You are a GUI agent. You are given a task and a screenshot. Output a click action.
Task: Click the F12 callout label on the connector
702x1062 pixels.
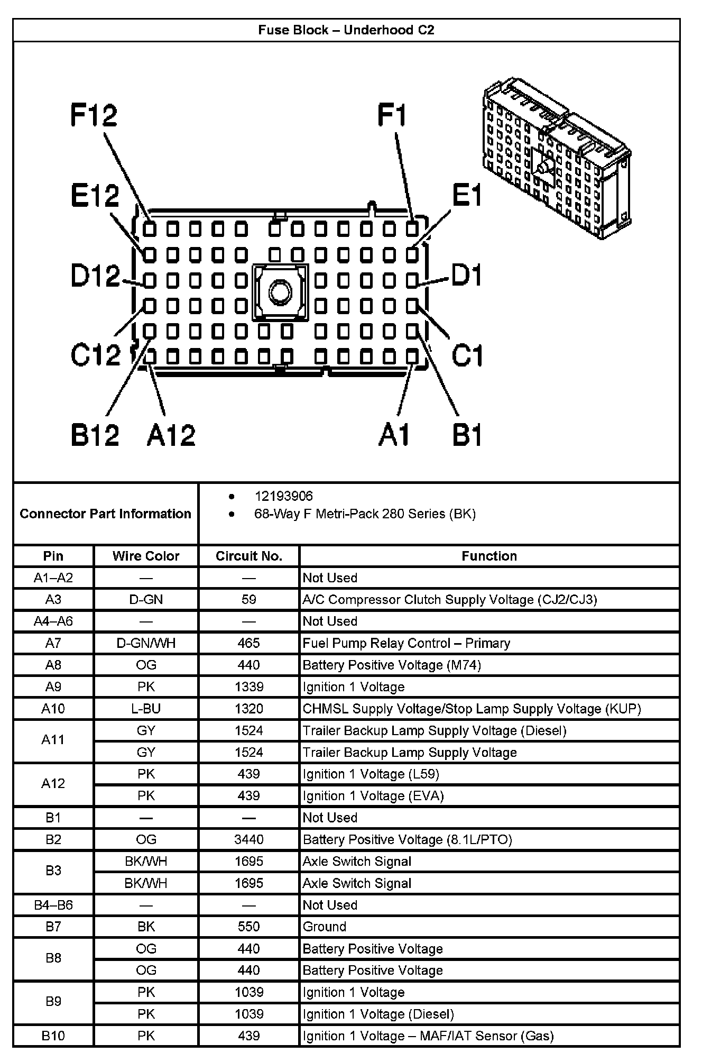pyautogui.click(x=94, y=115)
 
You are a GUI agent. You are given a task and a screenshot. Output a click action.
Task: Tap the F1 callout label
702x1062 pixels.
pyautogui.click(x=392, y=115)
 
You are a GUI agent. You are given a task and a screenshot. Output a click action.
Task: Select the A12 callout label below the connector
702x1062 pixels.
pyautogui.click(x=171, y=435)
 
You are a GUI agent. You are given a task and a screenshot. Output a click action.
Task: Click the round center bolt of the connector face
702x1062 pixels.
pyautogui.click(x=280, y=291)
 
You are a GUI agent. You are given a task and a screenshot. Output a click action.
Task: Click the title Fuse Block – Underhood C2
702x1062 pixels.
pyautogui.click(x=346, y=30)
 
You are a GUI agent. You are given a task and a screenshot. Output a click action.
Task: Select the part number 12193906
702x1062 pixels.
pyautogui.click(x=284, y=496)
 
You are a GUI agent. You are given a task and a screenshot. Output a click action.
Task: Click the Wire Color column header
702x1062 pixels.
pyautogui.click(x=146, y=556)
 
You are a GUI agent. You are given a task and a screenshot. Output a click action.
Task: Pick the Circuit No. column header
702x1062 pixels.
pyautogui.click(x=249, y=556)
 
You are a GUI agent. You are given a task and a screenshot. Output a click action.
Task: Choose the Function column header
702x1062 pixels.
pyautogui.click(x=489, y=556)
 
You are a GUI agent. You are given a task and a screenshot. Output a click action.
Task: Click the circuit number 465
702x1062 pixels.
pyautogui.click(x=249, y=643)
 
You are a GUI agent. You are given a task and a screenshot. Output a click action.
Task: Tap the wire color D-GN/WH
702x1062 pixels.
pyautogui.click(x=146, y=643)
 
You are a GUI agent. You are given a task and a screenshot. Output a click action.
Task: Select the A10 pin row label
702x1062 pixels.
pyautogui.click(x=53, y=709)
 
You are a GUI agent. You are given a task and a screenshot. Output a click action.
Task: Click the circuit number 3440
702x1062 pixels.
pyautogui.click(x=249, y=839)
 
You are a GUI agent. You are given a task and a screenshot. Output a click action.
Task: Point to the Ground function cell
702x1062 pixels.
pyautogui.click(x=325, y=927)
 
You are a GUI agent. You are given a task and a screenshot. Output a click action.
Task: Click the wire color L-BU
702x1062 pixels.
pyautogui.click(x=146, y=709)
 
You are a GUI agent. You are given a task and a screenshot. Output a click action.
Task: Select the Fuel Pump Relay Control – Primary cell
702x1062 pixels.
pyautogui.click(x=406, y=643)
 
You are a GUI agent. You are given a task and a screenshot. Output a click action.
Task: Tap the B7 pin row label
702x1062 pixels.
pyautogui.click(x=53, y=927)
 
